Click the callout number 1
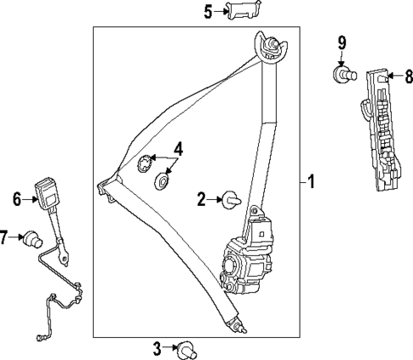click(312, 181)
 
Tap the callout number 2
click(202, 200)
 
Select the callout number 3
click(157, 347)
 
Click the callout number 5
click(208, 11)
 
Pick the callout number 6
click(16, 199)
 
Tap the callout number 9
click(341, 42)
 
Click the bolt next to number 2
click(229, 201)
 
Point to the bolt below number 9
click(341, 75)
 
